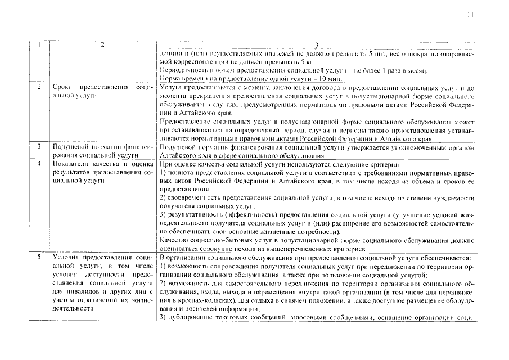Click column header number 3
317,45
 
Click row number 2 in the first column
38,88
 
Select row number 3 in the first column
38,146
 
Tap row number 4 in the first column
38,164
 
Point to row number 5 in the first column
38,257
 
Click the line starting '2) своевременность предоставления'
317,199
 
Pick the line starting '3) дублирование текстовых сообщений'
317,318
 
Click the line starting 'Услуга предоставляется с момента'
317,88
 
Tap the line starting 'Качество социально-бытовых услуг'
317,240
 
